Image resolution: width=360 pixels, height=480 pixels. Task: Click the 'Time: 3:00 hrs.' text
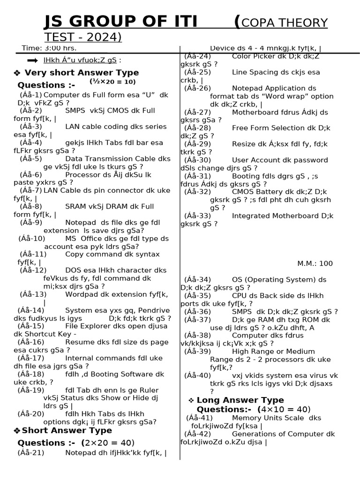(49, 48)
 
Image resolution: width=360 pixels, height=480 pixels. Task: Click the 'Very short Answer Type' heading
(82, 73)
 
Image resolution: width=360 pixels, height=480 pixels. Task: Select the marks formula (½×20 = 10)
(112, 82)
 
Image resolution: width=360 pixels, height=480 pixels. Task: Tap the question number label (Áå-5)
(31, 159)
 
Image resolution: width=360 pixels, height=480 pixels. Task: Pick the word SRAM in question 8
(75, 207)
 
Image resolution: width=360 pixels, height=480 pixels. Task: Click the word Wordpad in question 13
(81, 294)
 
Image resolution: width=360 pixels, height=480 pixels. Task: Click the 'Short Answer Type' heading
(67, 430)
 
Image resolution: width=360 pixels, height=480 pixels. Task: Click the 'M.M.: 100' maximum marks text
(315, 263)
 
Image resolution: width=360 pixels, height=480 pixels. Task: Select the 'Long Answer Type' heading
(240, 400)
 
